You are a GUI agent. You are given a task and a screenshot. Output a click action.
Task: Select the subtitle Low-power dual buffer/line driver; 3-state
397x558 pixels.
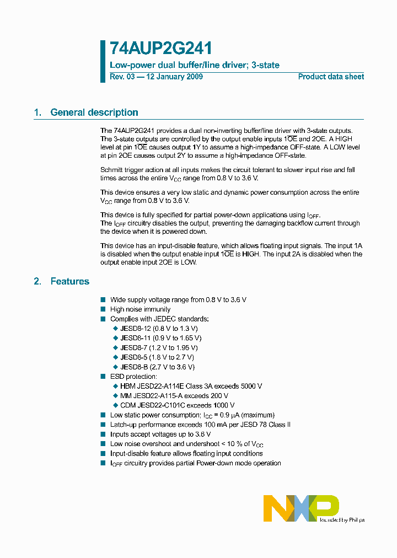pyautogui.click(x=195, y=65)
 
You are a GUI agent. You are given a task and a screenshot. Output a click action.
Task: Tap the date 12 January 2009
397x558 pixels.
pyautogui.click(x=174, y=77)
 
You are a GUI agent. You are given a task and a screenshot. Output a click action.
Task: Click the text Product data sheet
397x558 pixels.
pyautogui.click(x=331, y=77)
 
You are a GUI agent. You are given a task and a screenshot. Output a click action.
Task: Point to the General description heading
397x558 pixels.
pyautogui.click(x=94, y=112)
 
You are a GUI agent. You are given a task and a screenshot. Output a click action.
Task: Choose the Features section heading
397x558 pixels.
pyautogui.click(x=69, y=281)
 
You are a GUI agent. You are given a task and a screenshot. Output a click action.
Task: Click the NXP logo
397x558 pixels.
pyautogui.click(x=301, y=508)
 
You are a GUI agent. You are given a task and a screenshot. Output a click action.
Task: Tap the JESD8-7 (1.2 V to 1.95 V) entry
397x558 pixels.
pyautogui.click(x=159, y=348)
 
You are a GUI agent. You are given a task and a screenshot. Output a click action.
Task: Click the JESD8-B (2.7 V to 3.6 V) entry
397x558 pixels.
pyautogui.click(x=157, y=367)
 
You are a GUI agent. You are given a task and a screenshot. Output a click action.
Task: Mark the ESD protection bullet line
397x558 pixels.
pyautogui.click(x=133, y=377)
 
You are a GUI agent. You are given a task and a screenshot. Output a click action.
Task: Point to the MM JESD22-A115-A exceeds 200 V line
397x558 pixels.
pyautogui.click(x=174, y=395)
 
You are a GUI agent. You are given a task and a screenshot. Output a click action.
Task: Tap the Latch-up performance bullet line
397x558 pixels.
pyautogui.click(x=200, y=425)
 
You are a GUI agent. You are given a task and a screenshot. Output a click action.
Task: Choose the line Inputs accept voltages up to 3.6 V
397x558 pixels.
pyautogui.click(x=160, y=434)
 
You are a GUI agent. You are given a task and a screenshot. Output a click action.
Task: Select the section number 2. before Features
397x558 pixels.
pyautogui.click(x=37, y=281)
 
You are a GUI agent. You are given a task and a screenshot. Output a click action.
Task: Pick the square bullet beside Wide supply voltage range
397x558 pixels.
pyautogui.click(x=103, y=299)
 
